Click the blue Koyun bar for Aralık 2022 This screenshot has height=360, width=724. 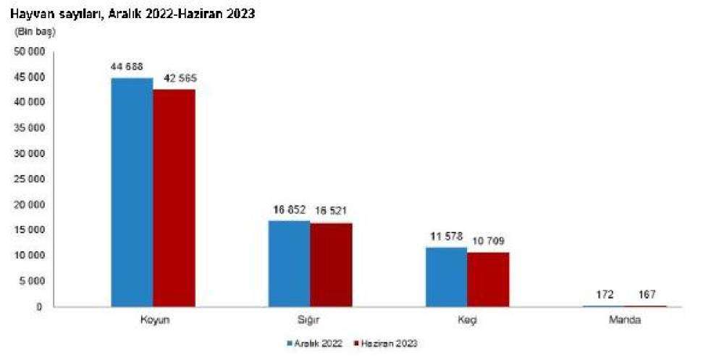point(132,192)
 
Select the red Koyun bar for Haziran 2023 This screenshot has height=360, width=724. point(174,198)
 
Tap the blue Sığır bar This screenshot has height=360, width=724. point(289,263)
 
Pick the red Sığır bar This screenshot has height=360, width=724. point(331,264)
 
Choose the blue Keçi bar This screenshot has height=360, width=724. point(446,277)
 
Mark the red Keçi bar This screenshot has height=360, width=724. point(488,279)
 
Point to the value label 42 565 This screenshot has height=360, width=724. point(175,78)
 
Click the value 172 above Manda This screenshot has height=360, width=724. point(604,296)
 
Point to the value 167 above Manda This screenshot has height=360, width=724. point(646,296)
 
